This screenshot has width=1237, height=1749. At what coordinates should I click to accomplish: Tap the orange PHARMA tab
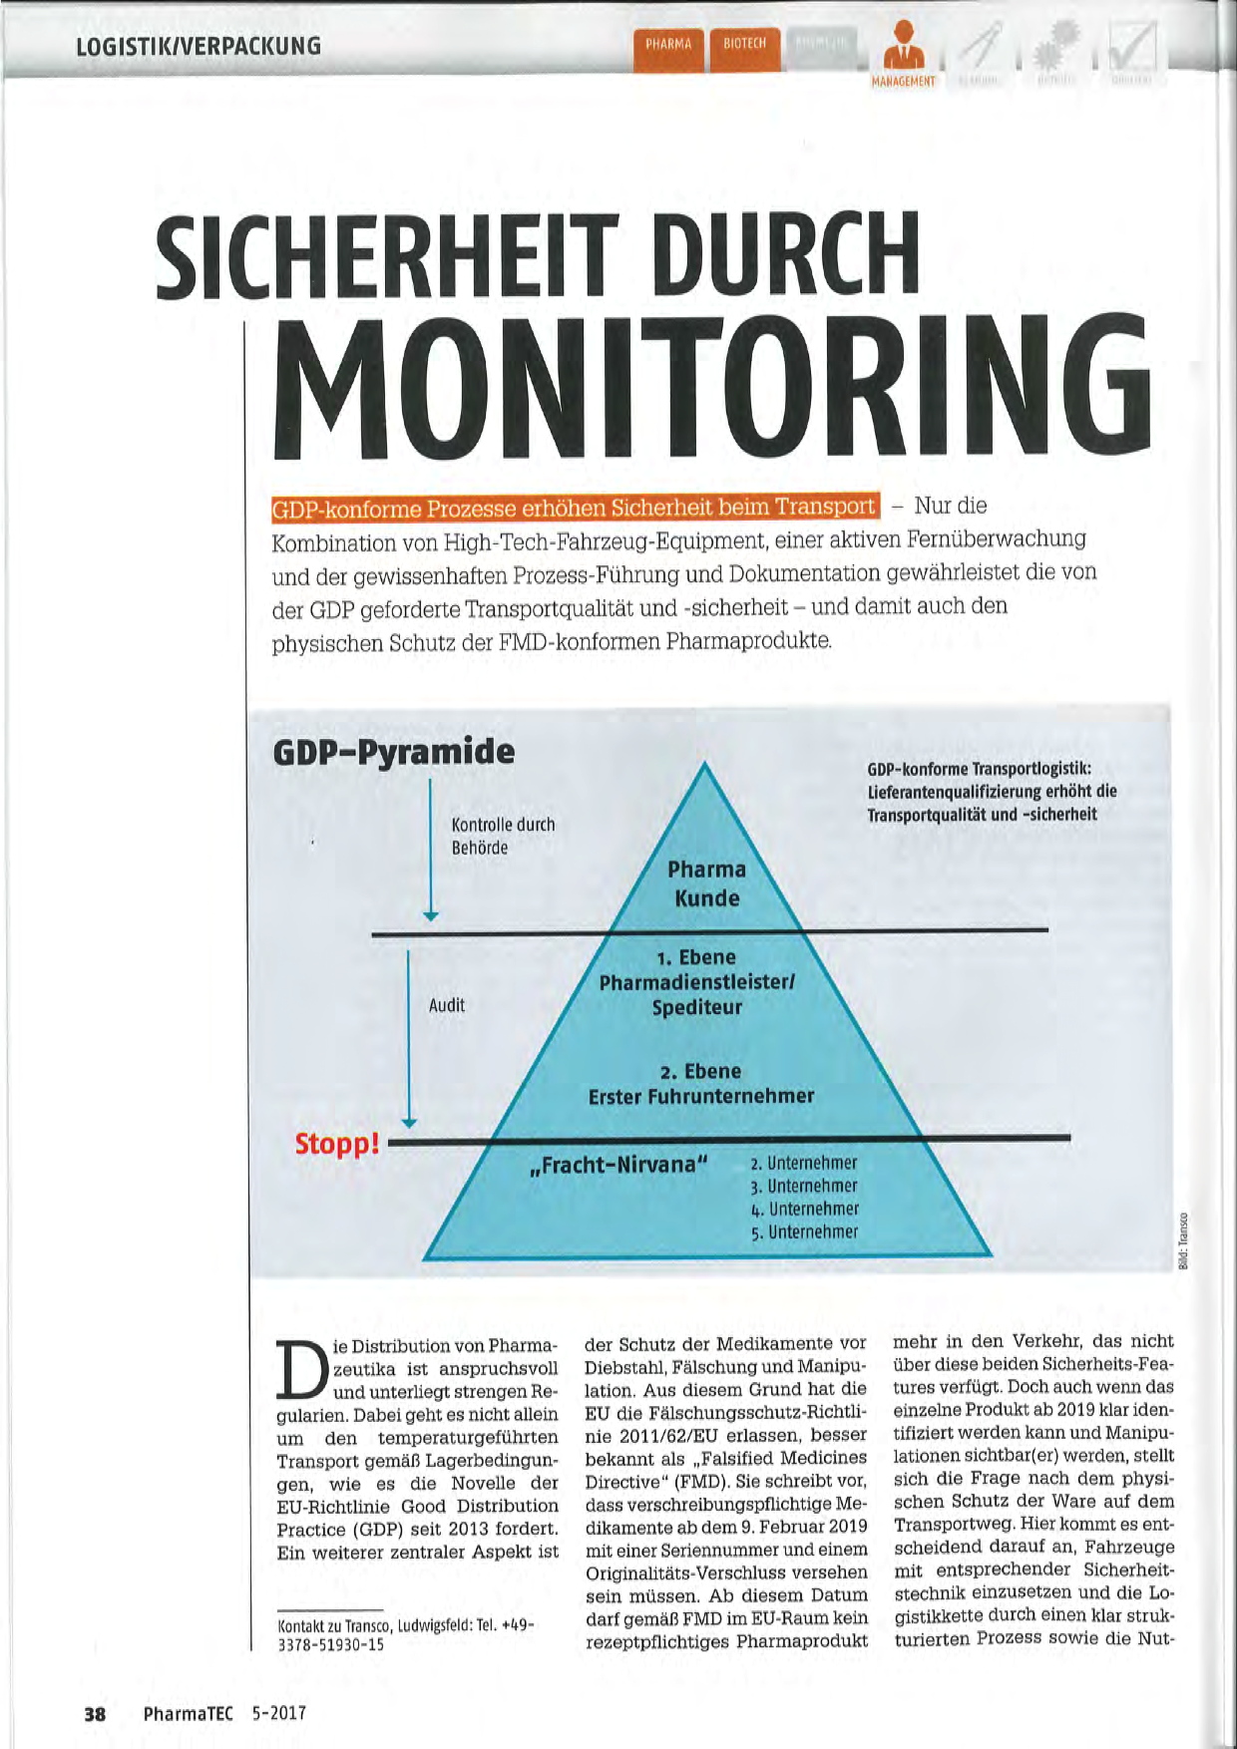click(668, 45)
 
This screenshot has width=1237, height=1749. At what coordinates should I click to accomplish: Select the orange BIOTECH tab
click(744, 45)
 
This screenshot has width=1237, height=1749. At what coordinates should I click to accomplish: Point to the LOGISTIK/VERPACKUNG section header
click(200, 46)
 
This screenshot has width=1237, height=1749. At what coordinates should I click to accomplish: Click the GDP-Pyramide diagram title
click(394, 752)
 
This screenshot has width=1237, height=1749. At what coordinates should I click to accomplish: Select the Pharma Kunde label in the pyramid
click(706, 883)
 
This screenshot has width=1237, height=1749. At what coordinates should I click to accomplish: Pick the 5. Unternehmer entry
click(804, 1232)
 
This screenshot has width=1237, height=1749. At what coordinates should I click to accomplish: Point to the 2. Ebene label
click(700, 1072)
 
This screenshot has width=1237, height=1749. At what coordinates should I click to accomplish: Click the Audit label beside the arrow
click(447, 1005)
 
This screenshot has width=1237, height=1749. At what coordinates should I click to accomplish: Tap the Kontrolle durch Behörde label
click(503, 836)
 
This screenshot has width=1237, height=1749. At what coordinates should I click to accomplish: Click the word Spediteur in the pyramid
click(697, 1007)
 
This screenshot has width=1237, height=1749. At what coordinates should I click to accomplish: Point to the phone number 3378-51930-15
click(330, 1644)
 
